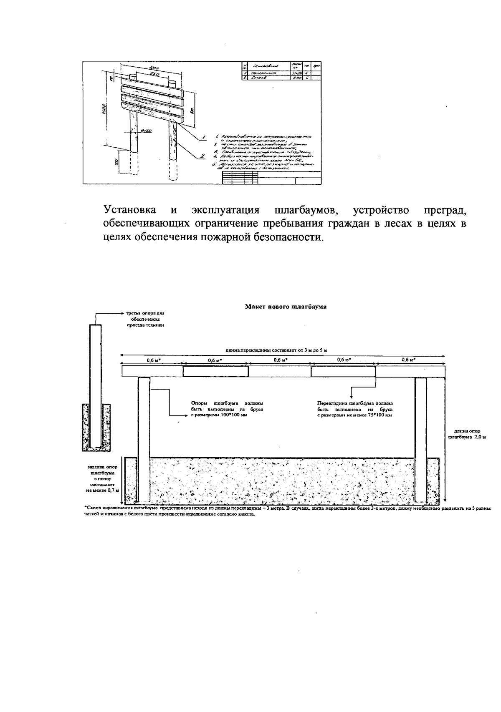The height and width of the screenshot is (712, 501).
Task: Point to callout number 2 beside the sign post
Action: point(202,156)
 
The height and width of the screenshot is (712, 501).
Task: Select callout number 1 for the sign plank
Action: point(204,137)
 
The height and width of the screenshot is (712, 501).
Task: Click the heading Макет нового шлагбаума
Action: point(286,307)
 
